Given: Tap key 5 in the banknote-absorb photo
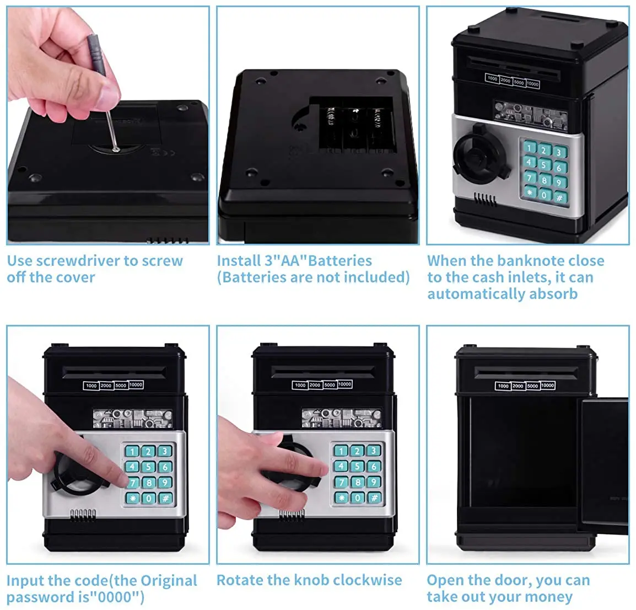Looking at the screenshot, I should [x=544, y=164].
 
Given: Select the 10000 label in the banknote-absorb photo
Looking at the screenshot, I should [x=533, y=84].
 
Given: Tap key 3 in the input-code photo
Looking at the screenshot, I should [x=164, y=451].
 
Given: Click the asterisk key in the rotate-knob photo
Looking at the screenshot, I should [x=342, y=497].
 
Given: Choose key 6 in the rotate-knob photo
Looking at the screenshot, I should [x=373, y=467].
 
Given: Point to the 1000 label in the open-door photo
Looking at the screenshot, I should [x=503, y=386].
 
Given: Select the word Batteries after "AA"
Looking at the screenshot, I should [x=339, y=261].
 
